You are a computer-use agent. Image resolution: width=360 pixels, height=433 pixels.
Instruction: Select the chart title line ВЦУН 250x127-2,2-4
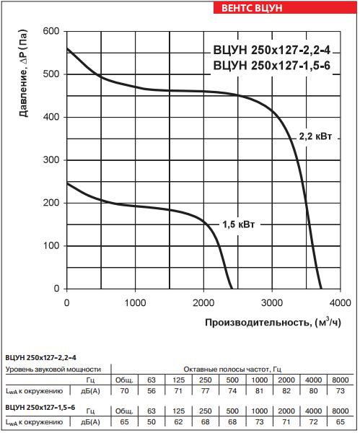tap(266, 50)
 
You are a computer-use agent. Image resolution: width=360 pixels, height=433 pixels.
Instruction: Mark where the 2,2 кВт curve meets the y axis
tap(67, 49)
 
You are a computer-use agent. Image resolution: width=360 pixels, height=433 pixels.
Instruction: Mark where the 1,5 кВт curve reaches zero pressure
tap(231, 289)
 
